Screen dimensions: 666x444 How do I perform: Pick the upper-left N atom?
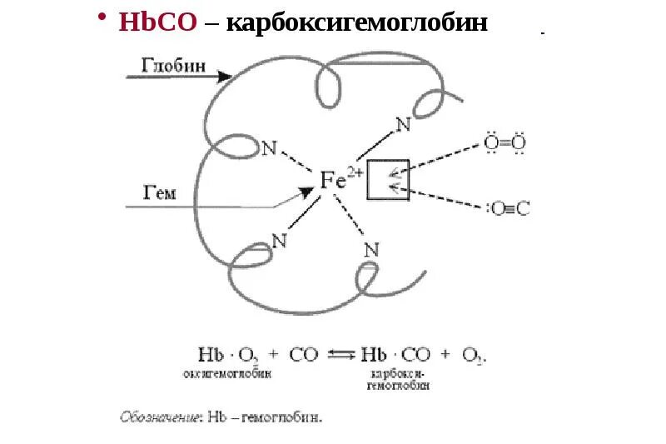point(269,148)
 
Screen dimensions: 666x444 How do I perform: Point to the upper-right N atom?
point(403,125)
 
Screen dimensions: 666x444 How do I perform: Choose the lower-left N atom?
point(279,241)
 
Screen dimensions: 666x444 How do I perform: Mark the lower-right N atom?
point(371,249)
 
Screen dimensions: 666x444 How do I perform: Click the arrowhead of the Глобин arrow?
point(225,77)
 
